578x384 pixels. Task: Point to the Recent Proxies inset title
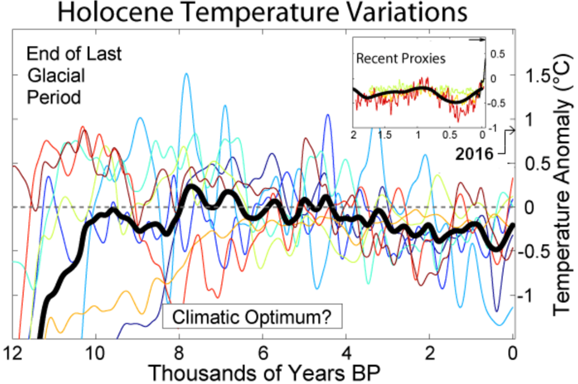401,58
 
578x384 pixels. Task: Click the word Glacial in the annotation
56,76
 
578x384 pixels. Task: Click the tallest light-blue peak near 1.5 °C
186,74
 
